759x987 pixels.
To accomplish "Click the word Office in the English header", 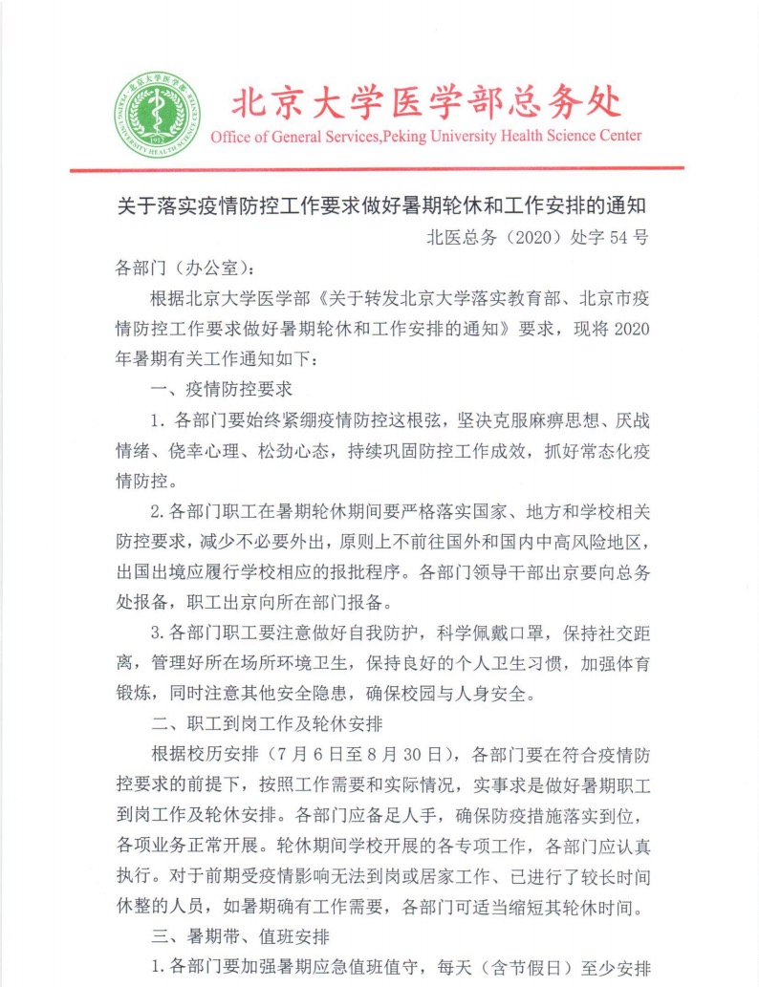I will pos(229,136).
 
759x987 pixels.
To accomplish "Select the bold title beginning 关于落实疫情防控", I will pos(381,204).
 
